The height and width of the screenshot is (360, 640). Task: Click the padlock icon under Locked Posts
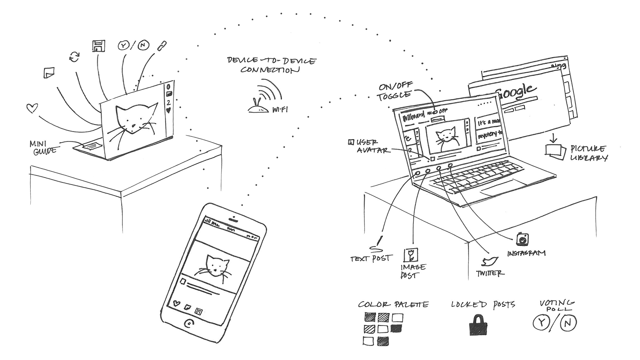coord(478,325)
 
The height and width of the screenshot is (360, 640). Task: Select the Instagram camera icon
coord(522,239)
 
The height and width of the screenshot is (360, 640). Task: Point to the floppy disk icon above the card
coord(98,46)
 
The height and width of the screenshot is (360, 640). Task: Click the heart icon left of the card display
coord(32,108)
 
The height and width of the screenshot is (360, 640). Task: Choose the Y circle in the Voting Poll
coord(541,322)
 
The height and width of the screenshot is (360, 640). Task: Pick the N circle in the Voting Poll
coord(568,323)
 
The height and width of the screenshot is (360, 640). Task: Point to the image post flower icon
coord(411,255)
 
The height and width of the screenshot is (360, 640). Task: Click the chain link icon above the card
coord(162,46)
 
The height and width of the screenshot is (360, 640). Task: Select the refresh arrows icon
coord(74,57)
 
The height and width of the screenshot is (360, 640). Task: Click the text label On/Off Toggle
coord(395,91)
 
